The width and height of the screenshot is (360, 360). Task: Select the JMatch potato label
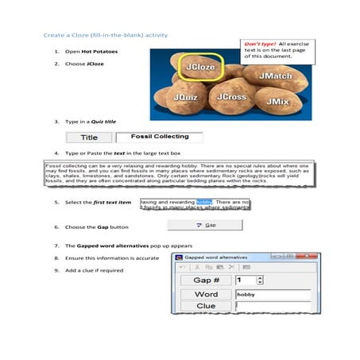coord(275,75)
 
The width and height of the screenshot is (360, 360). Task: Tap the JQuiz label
coord(184,97)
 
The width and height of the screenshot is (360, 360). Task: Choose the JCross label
coord(231,97)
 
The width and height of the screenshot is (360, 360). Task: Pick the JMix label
coord(277,102)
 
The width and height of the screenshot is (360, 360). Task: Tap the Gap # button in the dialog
coord(206,280)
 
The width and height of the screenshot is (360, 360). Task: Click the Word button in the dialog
coord(206,294)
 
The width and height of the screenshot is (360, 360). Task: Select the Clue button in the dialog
coord(206,306)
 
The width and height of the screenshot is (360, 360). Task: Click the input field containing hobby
coord(272,294)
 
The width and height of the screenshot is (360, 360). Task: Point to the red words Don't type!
coord(260,44)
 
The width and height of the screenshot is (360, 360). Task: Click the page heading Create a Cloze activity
coord(105,35)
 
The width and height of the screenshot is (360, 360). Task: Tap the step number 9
coord(56,271)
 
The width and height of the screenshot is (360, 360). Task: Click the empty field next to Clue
coord(272,306)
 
